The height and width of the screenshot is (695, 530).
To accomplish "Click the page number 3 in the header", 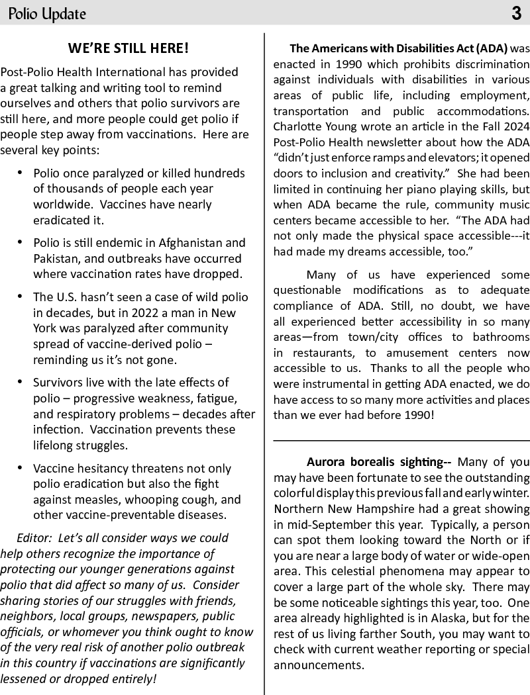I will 516,13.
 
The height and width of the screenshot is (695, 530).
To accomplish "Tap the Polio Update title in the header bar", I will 47,14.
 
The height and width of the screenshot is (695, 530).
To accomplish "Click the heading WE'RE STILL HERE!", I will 129,48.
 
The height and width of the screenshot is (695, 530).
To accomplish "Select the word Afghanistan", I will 205,243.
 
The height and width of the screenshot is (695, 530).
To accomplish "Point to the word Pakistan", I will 62,258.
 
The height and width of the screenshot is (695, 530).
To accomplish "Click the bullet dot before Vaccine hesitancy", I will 20,467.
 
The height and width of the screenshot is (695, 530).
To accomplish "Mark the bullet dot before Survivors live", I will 20,381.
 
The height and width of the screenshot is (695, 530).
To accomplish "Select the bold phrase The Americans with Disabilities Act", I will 398,48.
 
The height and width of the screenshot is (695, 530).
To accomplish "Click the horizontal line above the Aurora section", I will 401,440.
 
